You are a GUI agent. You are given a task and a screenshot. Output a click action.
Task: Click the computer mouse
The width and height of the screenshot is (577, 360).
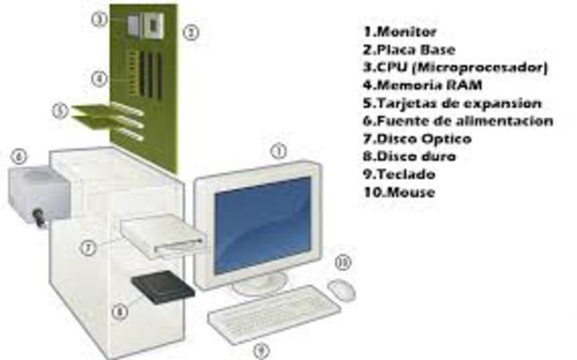pyautogui.click(x=341, y=289)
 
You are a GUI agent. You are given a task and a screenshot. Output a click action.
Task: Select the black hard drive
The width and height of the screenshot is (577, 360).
pyautogui.click(x=163, y=288)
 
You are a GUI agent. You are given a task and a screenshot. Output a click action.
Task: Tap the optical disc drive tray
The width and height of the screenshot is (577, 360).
pyautogui.click(x=166, y=235)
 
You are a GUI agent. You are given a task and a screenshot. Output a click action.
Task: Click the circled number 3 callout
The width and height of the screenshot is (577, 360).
pyautogui.click(x=99, y=18)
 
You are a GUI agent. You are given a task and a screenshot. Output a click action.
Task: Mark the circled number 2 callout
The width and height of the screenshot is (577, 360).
pyautogui.click(x=190, y=32)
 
